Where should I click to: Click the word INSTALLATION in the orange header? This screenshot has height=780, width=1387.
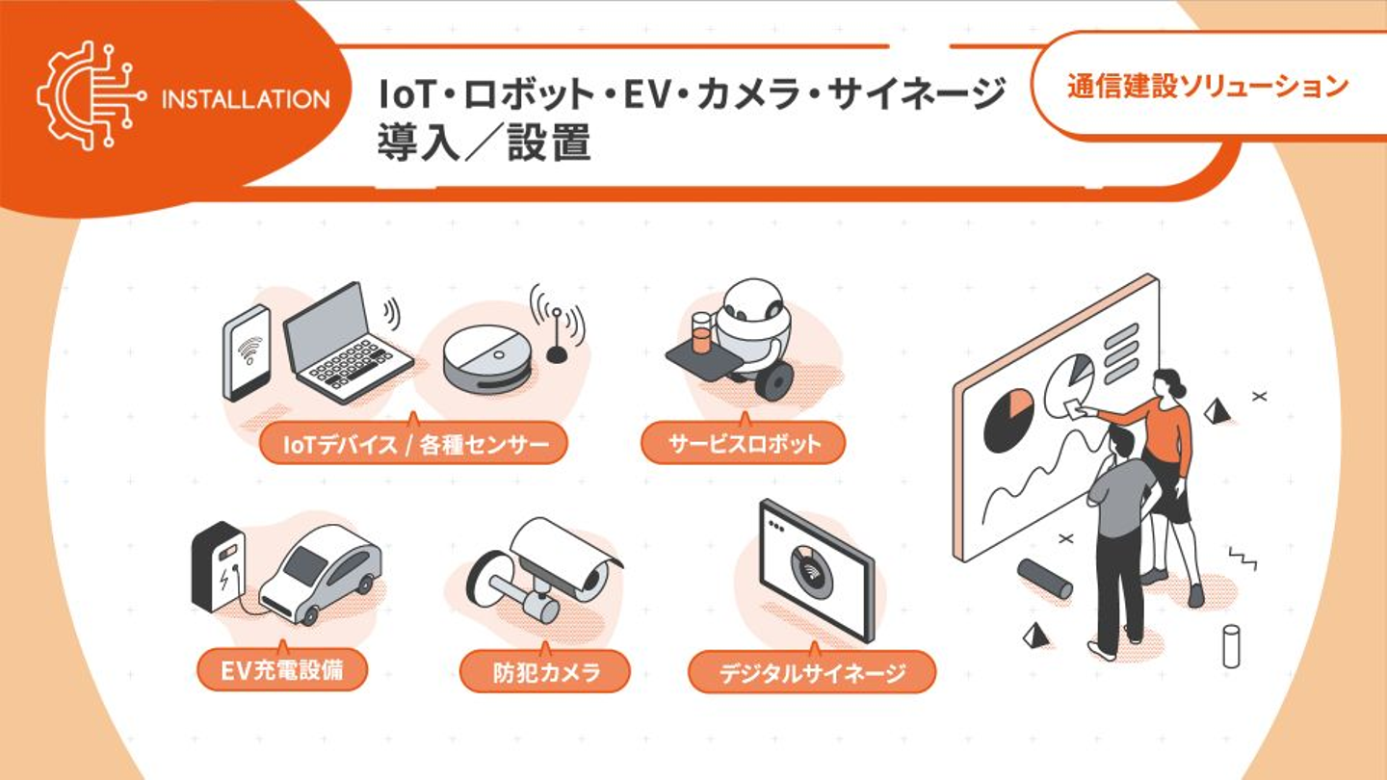[246, 100]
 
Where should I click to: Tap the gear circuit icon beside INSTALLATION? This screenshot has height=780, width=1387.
[92, 95]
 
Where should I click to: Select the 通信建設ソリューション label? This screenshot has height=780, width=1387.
[1208, 86]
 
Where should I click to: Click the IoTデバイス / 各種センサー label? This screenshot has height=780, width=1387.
[413, 443]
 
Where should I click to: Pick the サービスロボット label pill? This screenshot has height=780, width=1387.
[743, 443]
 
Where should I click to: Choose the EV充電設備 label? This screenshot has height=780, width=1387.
[282, 670]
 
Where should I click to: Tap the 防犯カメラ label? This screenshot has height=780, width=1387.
[545, 672]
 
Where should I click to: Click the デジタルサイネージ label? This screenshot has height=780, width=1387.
[812, 672]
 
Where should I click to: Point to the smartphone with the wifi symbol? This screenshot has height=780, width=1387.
[247, 352]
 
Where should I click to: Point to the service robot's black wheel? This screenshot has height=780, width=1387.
[774, 380]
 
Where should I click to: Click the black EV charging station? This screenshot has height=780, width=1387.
[218, 566]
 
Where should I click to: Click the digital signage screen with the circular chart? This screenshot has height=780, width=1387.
[816, 569]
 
